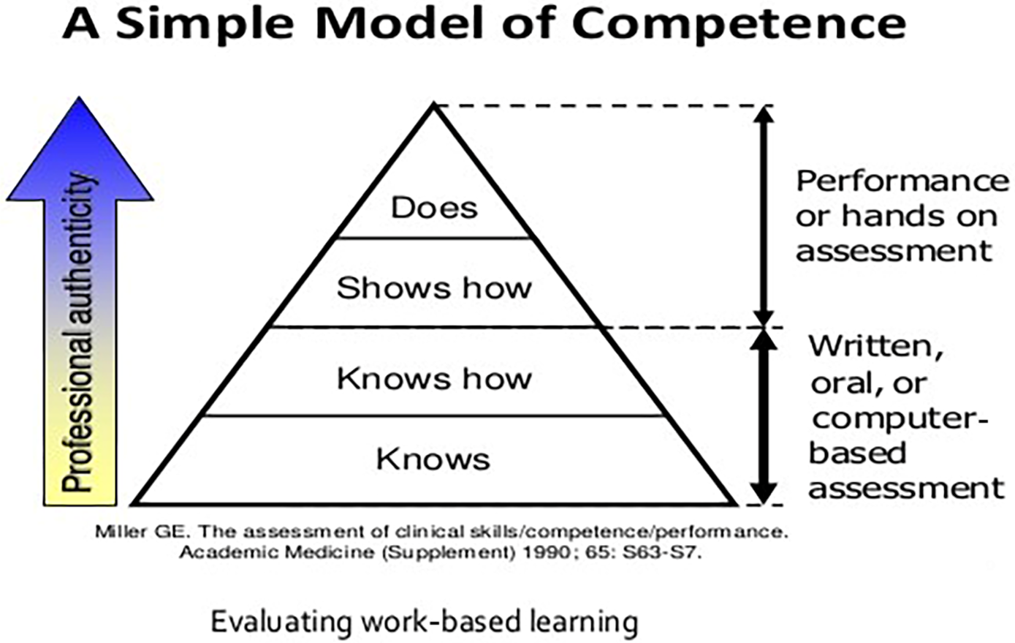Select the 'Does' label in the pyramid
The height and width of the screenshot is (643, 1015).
[434, 207]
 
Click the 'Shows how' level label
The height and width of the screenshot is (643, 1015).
[434, 287]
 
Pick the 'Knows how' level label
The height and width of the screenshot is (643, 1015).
[434, 378]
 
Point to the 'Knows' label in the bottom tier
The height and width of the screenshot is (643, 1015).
[433, 459]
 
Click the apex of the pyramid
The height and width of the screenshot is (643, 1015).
[434, 107]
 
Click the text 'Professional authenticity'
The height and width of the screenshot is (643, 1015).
[80, 333]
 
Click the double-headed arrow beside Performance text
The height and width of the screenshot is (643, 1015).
[764, 216]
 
